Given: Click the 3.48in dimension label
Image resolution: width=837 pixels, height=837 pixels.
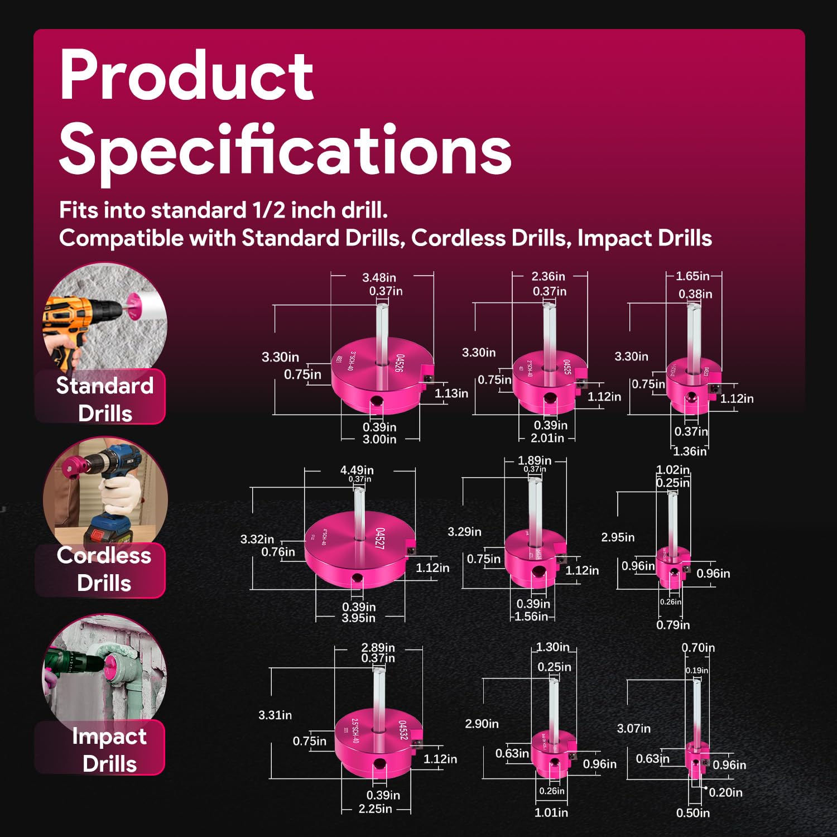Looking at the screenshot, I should click(379, 277).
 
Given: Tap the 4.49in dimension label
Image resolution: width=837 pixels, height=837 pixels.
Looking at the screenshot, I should click(357, 470).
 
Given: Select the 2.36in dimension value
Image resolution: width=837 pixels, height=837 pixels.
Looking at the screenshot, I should click(548, 276).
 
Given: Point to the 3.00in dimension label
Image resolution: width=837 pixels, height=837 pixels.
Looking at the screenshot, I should click(379, 439).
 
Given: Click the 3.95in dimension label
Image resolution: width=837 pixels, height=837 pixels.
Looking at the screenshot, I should click(358, 618).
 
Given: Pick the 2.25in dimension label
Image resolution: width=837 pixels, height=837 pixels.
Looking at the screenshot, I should click(375, 809).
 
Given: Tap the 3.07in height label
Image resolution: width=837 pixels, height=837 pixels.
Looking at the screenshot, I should click(633, 728).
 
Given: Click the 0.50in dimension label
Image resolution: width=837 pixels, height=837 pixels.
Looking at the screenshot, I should click(692, 813).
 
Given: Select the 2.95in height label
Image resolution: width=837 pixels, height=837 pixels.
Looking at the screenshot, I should click(618, 537).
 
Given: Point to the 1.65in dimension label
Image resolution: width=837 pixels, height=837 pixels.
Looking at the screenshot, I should click(692, 276).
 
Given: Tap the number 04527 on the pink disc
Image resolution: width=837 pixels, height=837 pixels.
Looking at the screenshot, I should click(380, 538).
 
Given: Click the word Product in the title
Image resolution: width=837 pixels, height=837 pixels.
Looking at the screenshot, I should click(186, 76).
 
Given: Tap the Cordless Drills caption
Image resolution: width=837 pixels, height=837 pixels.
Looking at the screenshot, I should click(104, 569).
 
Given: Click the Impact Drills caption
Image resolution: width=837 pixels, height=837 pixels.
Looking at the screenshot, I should click(109, 749).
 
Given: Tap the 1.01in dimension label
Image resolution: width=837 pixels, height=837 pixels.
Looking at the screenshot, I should click(551, 812).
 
